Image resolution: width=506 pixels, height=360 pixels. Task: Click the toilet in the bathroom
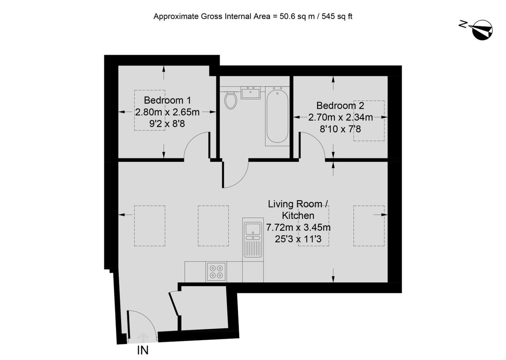pos(231,100)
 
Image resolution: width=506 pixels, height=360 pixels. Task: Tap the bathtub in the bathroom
pos(277,116)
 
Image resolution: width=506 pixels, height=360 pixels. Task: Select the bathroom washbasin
pos(250,93)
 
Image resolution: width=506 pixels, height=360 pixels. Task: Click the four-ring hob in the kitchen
pos(216,272)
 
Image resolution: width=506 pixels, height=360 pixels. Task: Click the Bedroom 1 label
pos(167,100)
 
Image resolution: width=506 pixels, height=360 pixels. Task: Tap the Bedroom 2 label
pos(340,105)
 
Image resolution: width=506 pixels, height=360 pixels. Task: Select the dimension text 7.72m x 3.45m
pos(298,227)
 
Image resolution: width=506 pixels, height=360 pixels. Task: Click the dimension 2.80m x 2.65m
pos(167,112)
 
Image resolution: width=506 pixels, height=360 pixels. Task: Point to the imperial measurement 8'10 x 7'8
pos(340,129)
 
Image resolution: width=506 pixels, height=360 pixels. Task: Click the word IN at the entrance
pos(143,350)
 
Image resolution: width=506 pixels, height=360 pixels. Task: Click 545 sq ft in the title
pos(337,16)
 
